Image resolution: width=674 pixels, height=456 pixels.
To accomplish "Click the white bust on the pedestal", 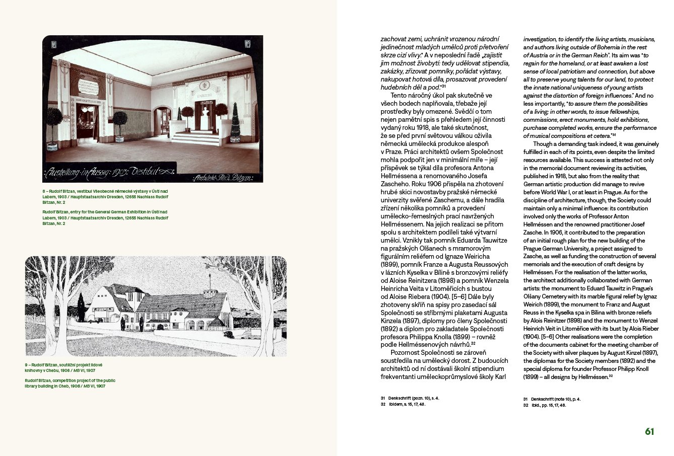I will [x=205, y=118].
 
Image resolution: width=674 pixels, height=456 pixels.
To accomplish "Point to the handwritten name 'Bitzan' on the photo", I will [x=247, y=178].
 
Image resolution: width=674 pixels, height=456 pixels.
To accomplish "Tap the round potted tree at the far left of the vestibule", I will [x=54, y=121].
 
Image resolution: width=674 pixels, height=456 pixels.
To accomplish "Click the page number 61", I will [x=649, y=431].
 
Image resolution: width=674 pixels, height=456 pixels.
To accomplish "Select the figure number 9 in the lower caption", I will [x=27, y=364].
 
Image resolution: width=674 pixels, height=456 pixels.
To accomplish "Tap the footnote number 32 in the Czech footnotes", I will [x=383, y=404].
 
